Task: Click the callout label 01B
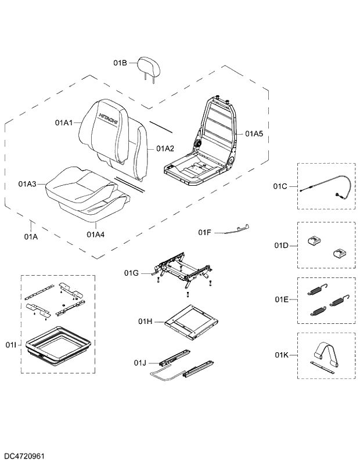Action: tap(120, 63)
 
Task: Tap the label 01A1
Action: tap(64, 122)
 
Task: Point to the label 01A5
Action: tap(254, 133)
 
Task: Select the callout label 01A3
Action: tap(27, 184)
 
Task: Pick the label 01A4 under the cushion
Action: tap(95, 234)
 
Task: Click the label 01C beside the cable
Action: tap(280, 186)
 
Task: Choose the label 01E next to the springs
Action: tap(281, 299)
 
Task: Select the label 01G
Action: tap(132, 272)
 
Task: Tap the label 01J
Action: tap(140, 363)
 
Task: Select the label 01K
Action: tap(282, 354)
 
